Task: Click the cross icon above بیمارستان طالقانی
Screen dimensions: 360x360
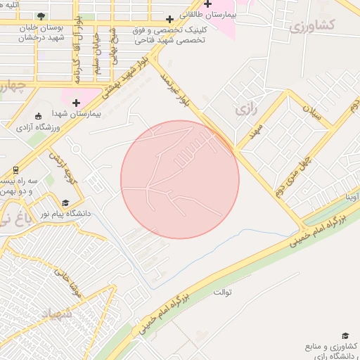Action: pos(207,4)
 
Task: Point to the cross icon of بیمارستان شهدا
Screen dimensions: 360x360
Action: pos(76,103)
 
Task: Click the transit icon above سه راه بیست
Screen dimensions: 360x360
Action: pos(15,171)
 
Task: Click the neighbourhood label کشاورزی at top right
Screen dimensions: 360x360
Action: pos(312,27)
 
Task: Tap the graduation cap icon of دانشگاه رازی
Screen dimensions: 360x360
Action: pos(345,337)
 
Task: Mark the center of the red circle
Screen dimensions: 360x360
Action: pos(180,179)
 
